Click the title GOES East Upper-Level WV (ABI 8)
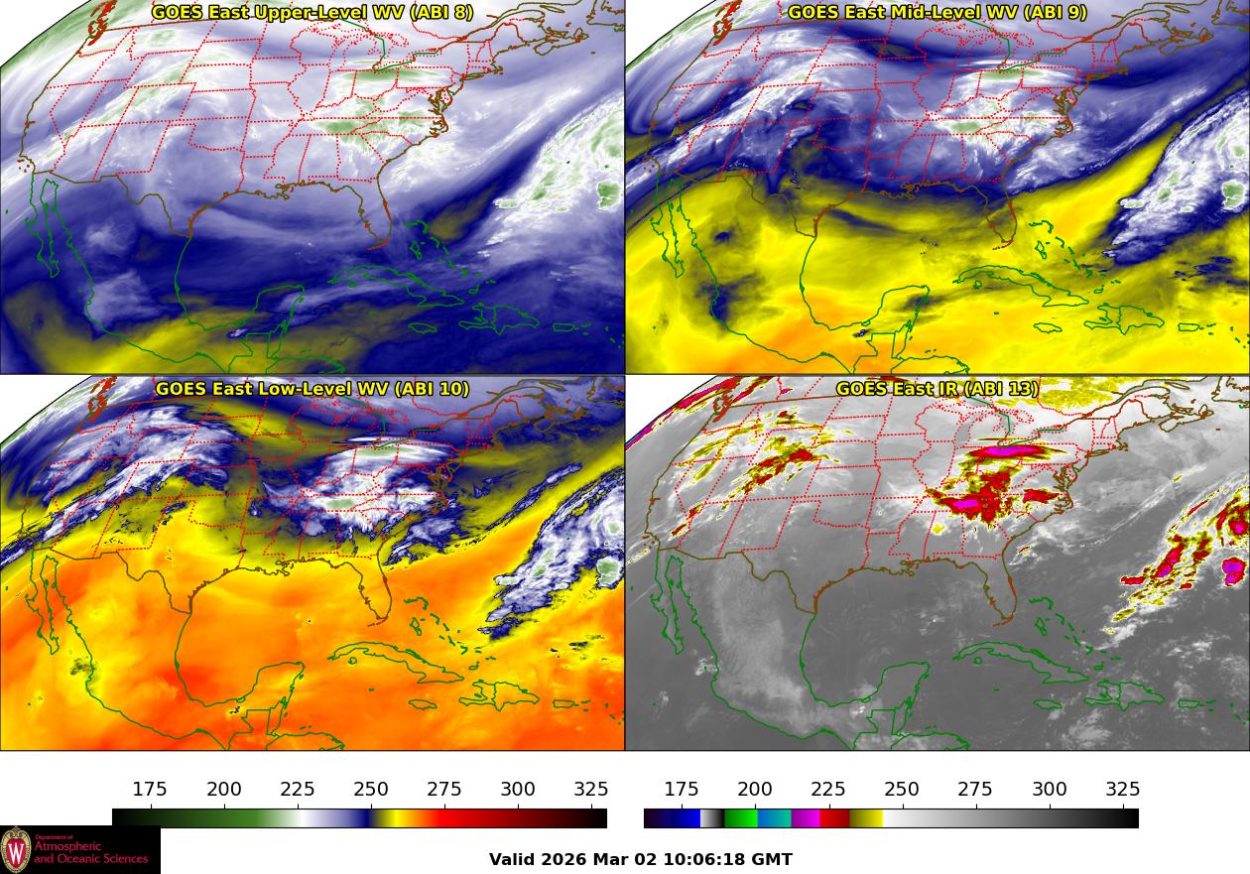(x=312, y=13)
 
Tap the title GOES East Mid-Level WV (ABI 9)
(x=937, y=13)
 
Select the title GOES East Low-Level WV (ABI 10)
(x=312, y=389)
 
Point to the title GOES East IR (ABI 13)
(x=937, y=389)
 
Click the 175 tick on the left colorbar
(x=150, y=790)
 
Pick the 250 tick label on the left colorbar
(x=371, y=790)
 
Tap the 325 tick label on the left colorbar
(x=591, y=790)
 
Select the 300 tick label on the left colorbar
(x=518, y=790)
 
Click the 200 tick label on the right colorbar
(x=755, y=790)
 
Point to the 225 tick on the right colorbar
(x=828, y=790)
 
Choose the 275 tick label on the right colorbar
(x=975, y=790)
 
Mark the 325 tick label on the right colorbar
(x=1123, y=790)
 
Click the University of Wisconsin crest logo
(x=16, y=850)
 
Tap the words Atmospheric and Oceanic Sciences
(x=90, y=852)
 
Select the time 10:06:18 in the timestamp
(x=710, y=859)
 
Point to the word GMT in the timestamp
(x=774, y=859)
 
